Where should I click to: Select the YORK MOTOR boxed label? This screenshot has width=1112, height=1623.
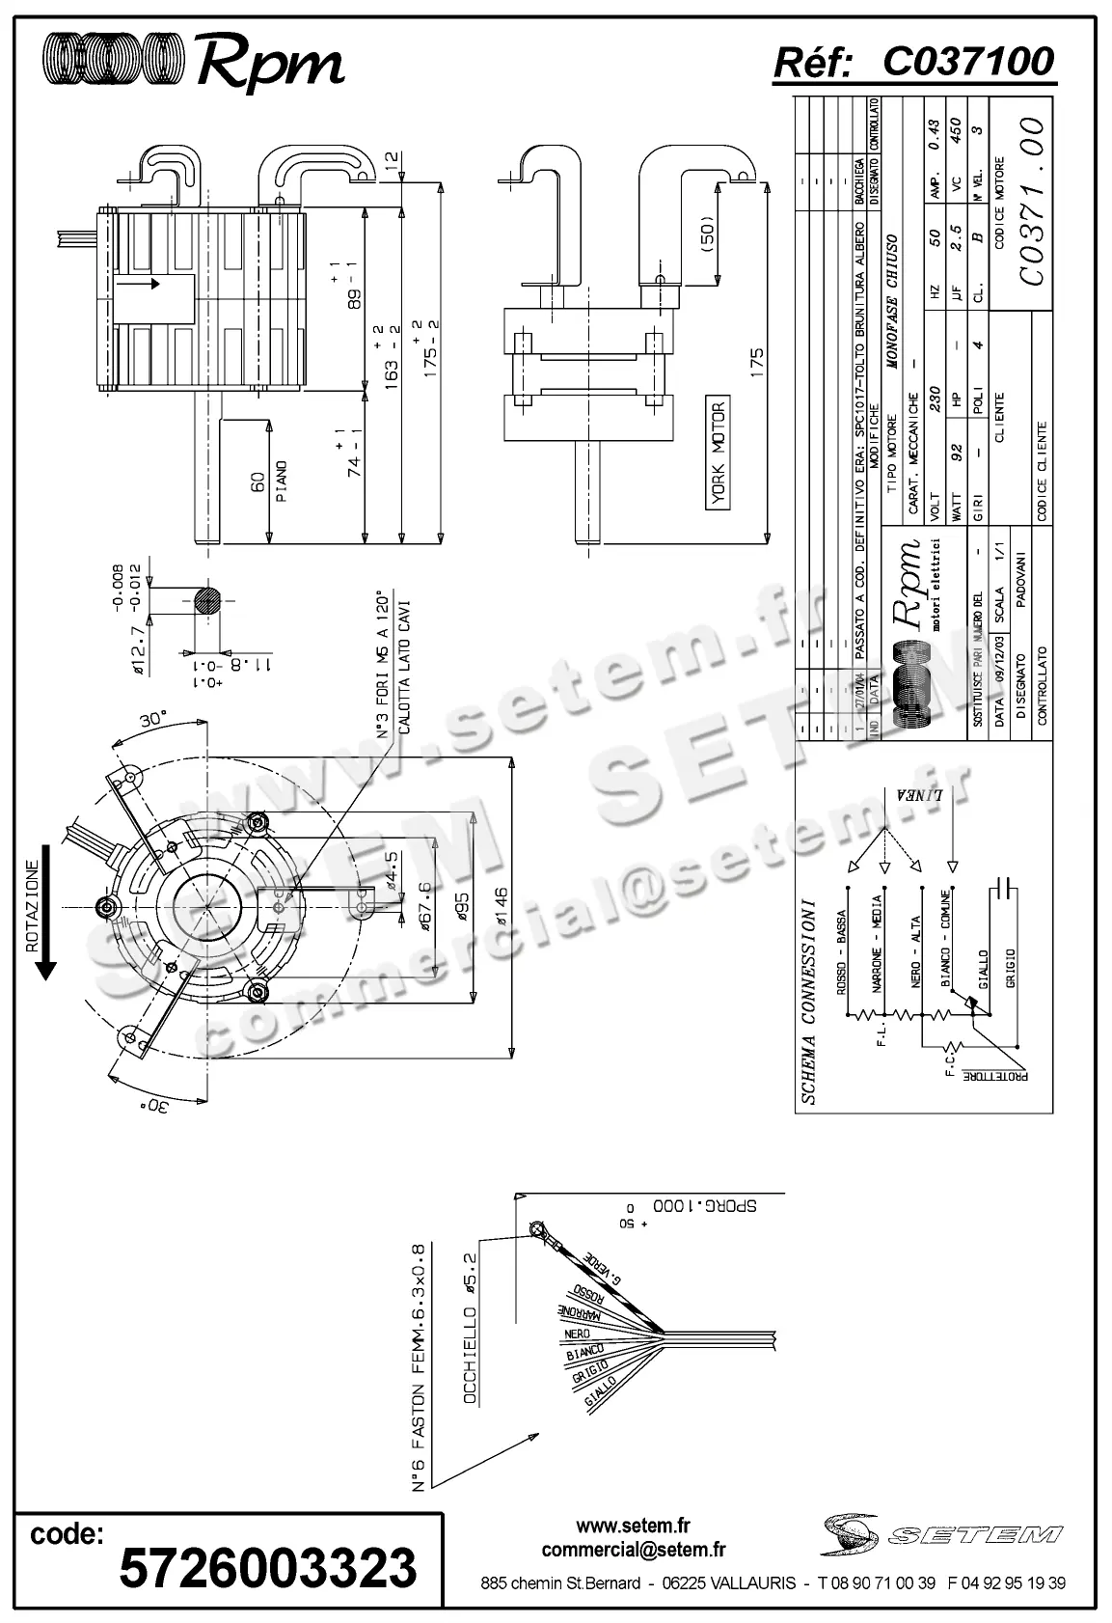tap(719, 454)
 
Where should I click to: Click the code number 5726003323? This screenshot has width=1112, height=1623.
tap(268, 1567)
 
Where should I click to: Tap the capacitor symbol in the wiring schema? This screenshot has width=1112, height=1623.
tap(1003, 887)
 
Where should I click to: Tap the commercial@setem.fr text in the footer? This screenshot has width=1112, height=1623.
tap(634, 1551)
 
